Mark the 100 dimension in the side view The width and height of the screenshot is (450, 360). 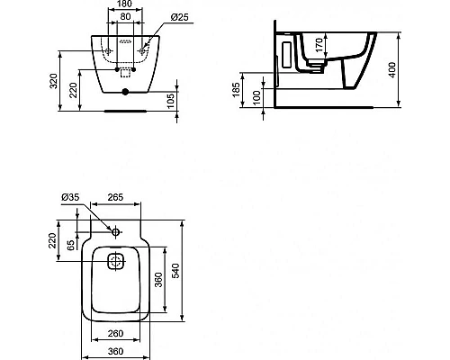click(259, 97)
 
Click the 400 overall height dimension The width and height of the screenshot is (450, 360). click(393, 70)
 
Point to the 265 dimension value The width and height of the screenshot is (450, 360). click(113, 198)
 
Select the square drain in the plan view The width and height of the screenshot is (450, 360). click(115, 263)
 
